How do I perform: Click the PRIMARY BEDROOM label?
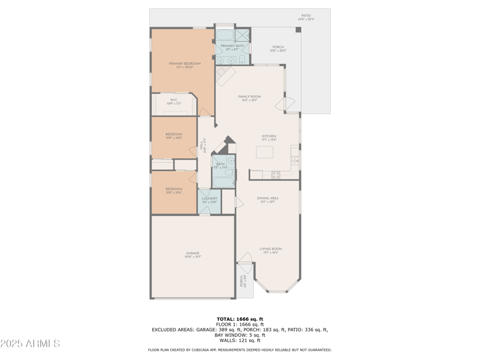coord(184,63)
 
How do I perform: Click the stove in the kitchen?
coord(276,175)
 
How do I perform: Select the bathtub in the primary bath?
coord(225,35)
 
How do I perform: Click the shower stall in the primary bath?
coord(242,35)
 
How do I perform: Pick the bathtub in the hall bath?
coord(224,181)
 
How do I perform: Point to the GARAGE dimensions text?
coord(193,257)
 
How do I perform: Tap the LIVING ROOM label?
coord(271,248)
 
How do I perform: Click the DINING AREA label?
coord(268,198)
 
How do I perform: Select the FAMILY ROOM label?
coord(249,97)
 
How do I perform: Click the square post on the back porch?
coord(298,29)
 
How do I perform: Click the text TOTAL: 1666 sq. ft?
coord(240,319)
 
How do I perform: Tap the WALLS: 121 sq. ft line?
coord(240,340)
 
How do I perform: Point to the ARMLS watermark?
coord(30,344)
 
